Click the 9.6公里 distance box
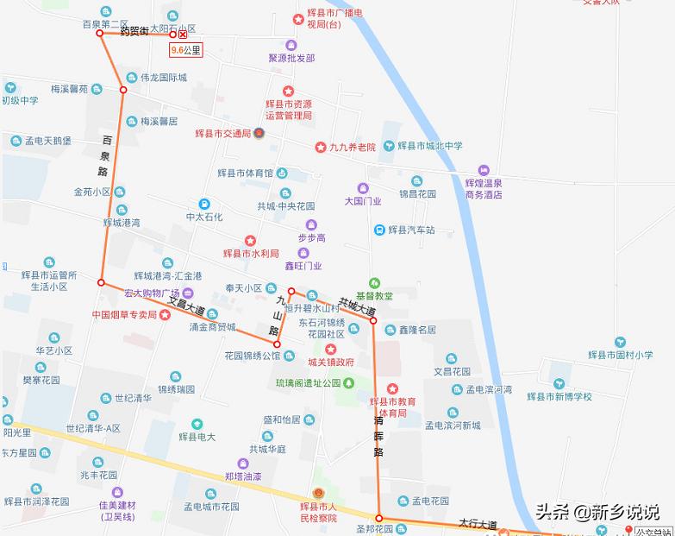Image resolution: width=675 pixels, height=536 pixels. (x=185, y=50)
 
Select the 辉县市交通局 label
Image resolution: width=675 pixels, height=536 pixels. (x=222, y=134)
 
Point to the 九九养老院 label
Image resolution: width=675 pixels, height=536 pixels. (x=353, y=148)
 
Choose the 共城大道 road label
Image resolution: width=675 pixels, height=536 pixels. (x=356, y=305)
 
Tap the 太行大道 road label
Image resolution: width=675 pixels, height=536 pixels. (x=477, y=523)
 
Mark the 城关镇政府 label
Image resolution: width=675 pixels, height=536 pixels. (x=330, y=363)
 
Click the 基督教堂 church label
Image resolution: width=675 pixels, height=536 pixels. (x=373, y=295)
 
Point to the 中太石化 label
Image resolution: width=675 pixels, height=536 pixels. (x=204, y=217)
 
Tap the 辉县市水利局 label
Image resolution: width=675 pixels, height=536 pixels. (x=251, y=254)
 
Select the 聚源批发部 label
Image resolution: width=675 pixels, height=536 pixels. (x=291, y=58)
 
